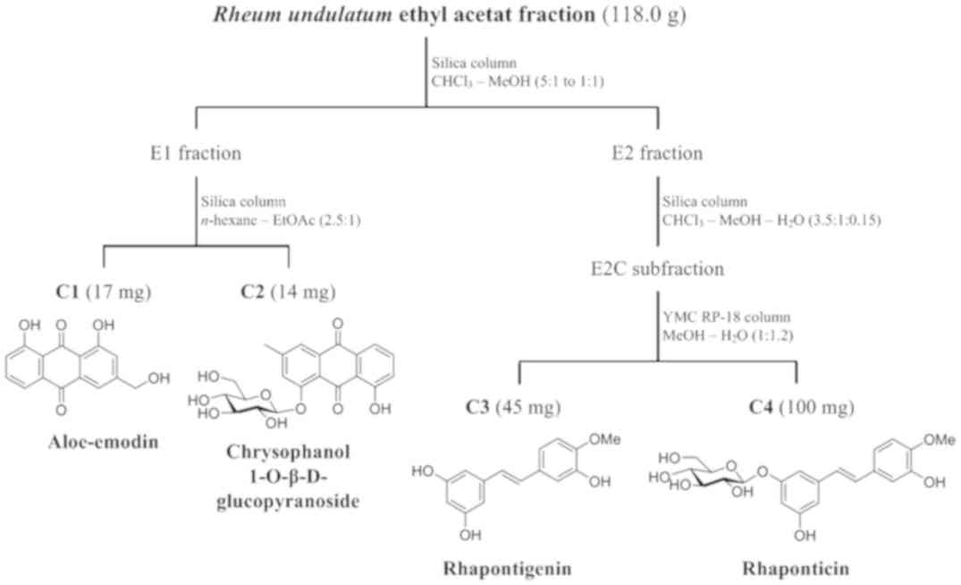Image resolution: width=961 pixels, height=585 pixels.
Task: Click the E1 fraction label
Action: [x=195, y=154]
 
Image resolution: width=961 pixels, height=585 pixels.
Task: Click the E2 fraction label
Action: [x=657, y=154]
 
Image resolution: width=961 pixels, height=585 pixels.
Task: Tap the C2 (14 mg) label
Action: [x=289, y=292]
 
